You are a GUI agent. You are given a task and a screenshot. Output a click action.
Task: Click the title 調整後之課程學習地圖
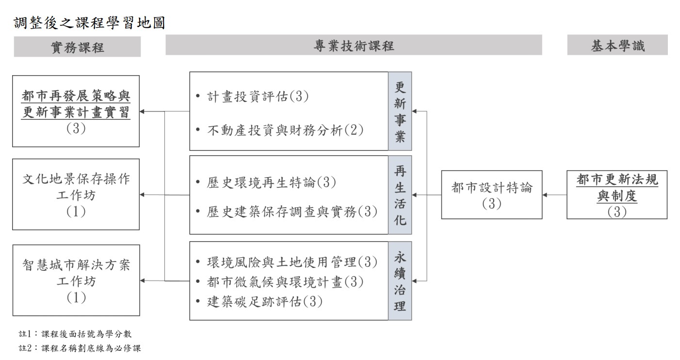pyautogui.click(x=89, y=23)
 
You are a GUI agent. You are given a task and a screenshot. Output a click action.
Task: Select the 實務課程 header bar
pyautogui.click(x=78, y=47)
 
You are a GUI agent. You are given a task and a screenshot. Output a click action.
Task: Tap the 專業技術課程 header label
pyautogui.click(x=354, y=46)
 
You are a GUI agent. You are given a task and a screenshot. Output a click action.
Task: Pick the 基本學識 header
pyautogui.click(x=617, y=45)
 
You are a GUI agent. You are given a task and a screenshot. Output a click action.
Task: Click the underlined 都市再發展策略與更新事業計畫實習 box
pyautogui.click(x=76, y=111)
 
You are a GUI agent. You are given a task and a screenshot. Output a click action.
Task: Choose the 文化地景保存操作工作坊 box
pyautogui.click(x=76, y=194)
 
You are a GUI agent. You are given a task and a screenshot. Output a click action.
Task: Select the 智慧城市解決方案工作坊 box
pyautogui.click(x=76, y=280)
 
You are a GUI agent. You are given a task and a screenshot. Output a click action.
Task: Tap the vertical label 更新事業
pyautogui.click(x=400, y=111)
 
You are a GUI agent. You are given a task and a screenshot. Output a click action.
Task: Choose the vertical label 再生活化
pyautogui.click(x=400, y=195)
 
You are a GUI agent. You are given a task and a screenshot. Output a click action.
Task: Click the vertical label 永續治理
pyautogui.click(x=400, y=281)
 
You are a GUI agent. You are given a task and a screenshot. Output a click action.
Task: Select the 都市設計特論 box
pyautogui.click(x=492, y=195)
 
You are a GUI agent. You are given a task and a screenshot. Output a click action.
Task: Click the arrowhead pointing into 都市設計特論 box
pyautogui.click(x=545, y=195)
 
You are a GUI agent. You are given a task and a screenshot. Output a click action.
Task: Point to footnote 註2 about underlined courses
pyautogui.click(x=80, y=348)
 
